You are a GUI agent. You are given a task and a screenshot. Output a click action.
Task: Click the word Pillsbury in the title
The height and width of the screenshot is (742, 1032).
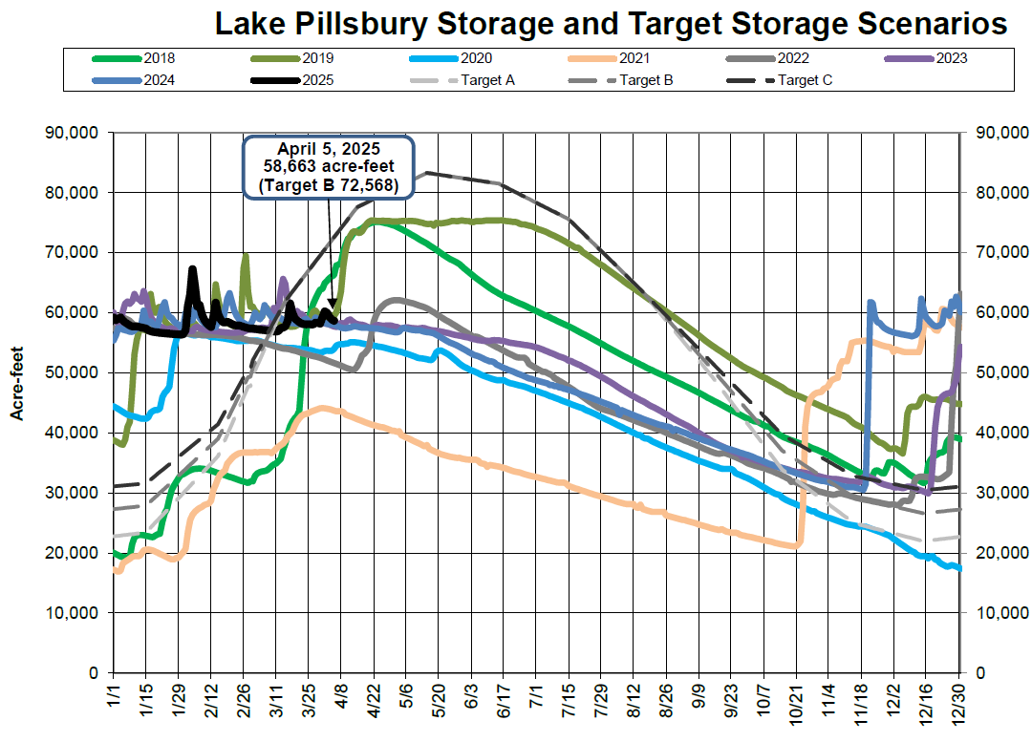point(381,24)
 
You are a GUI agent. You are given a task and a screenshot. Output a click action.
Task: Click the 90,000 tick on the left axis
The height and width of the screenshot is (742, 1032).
point(74,133)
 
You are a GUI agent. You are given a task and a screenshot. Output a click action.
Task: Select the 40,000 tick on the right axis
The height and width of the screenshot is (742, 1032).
point(999,433)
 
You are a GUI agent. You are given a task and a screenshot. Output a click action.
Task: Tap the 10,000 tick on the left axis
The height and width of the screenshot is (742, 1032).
point(74,613)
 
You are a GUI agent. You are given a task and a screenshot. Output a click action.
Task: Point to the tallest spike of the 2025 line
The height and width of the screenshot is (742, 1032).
point(193,270)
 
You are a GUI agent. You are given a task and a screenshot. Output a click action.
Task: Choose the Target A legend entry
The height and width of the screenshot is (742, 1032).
point(487,80)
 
